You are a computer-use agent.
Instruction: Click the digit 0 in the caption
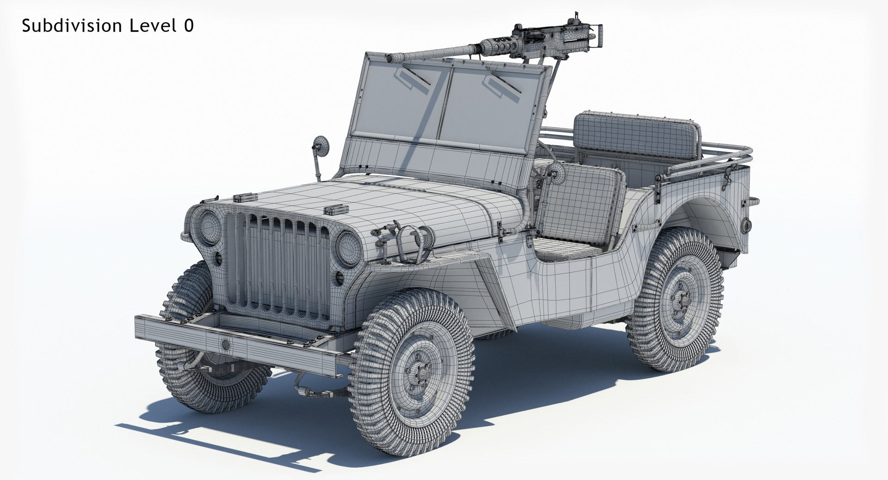coord(188,26)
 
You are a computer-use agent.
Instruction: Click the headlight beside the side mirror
coord(210,229)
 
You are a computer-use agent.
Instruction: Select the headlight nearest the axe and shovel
coord(348,249)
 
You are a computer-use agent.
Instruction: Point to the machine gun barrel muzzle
coord(390,58)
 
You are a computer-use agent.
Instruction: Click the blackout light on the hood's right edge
coord(336,210)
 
